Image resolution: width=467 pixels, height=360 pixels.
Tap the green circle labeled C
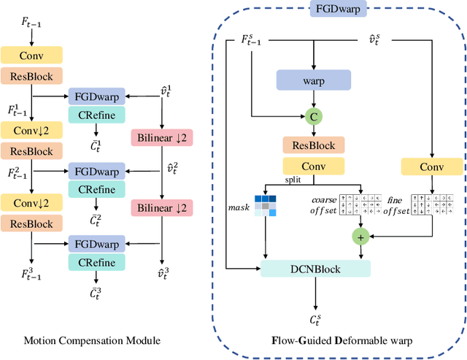coord(314,115)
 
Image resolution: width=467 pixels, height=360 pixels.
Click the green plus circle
coord(359,235)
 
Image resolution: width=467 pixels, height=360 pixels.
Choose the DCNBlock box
coord(314,269)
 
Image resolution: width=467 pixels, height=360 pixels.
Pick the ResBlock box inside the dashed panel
coord(314,145)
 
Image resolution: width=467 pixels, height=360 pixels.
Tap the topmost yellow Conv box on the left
coord(31,54)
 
